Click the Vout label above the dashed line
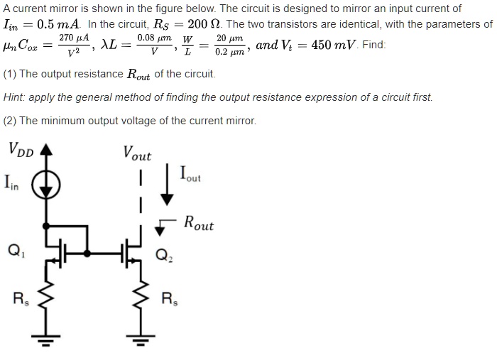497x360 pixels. [x=137, y=153]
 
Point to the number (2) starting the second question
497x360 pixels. [x=10, y=120]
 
